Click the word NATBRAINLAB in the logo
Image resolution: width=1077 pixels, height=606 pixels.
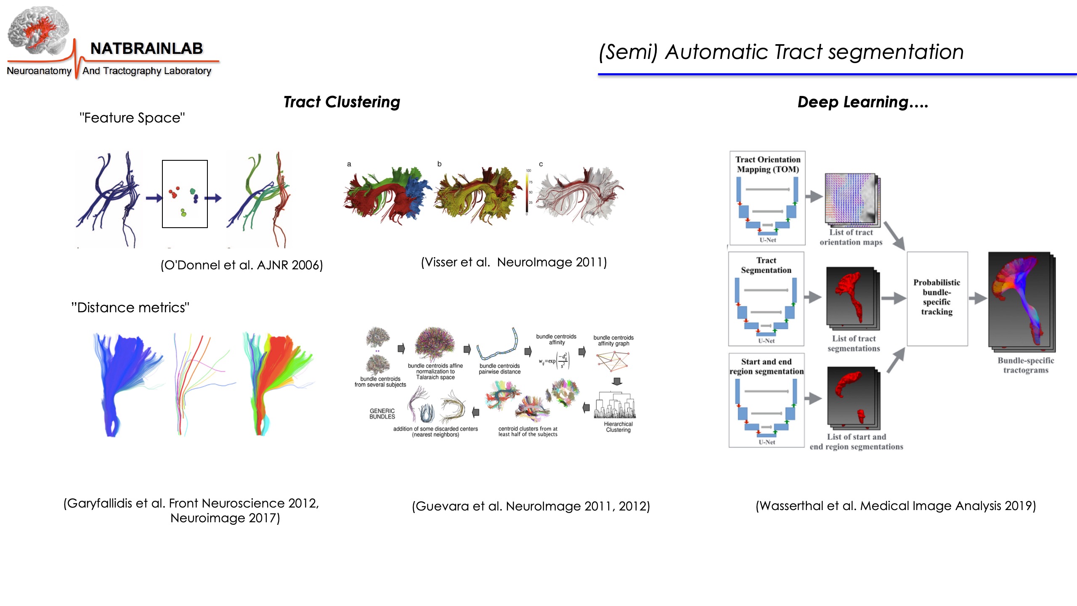click(x=146, y=49)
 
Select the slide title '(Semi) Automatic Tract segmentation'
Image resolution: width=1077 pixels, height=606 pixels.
click(x=781, y=53)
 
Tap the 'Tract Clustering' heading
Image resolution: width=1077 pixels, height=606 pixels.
click(x=342, y=102)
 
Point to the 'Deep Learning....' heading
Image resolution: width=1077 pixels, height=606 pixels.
click(x=862, y=102)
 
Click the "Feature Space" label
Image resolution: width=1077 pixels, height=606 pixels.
click(x=132, y=118)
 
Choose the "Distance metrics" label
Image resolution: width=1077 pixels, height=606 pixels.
click(x=130, y=308)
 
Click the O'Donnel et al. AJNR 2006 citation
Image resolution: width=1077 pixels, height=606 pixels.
click(x=241, y=265)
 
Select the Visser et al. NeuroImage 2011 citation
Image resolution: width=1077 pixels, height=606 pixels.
click(x=514, y=263)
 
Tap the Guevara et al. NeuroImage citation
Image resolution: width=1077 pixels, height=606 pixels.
click(x=531, y=506)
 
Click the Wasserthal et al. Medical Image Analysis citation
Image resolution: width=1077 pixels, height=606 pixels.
click(x=896, y=505)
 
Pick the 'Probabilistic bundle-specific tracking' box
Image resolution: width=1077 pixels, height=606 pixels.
click(x=937, y=298)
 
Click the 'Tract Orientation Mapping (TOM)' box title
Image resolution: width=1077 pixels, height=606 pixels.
click(x=768, y=165)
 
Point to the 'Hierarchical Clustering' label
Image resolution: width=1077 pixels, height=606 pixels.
click(x=618, y=427)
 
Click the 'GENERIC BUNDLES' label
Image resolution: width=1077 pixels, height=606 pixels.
click(x=382, y=414)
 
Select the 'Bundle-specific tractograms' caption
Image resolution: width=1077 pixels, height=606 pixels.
click(x=1026, y=365)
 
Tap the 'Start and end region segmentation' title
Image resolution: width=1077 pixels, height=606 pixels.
click(x=767, y=367)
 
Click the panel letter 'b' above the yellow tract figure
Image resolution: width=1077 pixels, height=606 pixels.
click(x=439, y=164)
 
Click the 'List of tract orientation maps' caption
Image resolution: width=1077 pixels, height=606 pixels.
click(x=851, y=237)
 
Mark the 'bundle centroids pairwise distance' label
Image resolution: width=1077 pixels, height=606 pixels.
click(x=499, y=369)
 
